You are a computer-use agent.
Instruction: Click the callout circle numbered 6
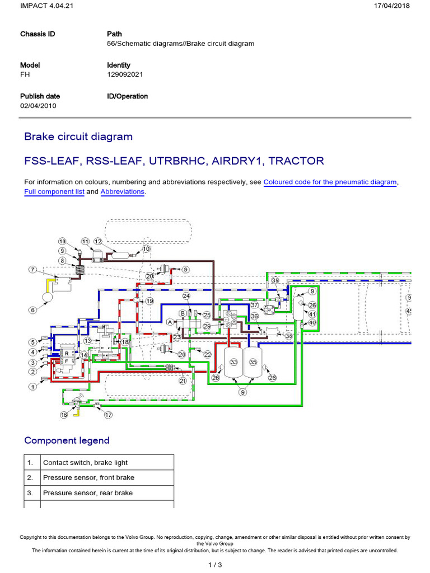coord(32,310)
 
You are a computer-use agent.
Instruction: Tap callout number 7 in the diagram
coord(32,270)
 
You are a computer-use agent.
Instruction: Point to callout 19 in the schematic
coord(149,301)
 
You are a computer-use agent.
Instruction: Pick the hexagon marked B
coord(182,312)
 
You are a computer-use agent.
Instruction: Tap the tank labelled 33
coord(233,363)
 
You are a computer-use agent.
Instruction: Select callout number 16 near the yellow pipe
coord(64,415)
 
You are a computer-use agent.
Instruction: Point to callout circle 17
coord(108,415)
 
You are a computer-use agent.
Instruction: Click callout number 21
coord(182,381)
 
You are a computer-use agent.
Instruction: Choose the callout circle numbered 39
coord(275,280)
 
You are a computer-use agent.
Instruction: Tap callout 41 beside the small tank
coord(312,314)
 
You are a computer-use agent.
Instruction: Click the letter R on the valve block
coord(67,354)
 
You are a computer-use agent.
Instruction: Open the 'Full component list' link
coord(54,191)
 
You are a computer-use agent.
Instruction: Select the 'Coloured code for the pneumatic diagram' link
coord(330,182)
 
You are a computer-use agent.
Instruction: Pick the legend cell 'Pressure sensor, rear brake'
coord(88,493)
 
